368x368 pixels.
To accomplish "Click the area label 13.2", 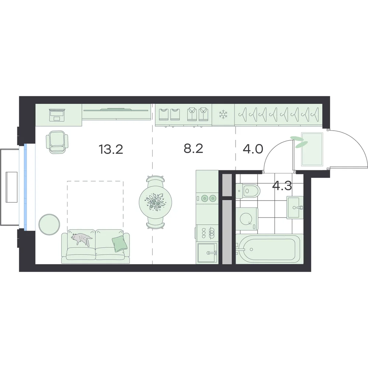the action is pos(111,149).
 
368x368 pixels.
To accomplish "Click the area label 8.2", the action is pos(193,149).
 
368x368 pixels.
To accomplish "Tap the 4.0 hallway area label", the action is pos(253,149).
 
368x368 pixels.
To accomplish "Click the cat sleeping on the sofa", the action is pos(81,239).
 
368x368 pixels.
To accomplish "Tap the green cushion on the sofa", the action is pos(120,244).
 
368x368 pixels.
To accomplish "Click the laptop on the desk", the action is pos(57,115).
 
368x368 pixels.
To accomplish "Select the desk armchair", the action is pos(57,142).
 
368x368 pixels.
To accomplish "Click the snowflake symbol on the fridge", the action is pos(223,114).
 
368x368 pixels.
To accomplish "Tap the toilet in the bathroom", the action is pos(248,191).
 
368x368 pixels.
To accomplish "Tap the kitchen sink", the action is pos(207,253).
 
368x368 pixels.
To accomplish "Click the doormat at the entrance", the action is pos(312,149).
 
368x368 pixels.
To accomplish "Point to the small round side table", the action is pos(49,224).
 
